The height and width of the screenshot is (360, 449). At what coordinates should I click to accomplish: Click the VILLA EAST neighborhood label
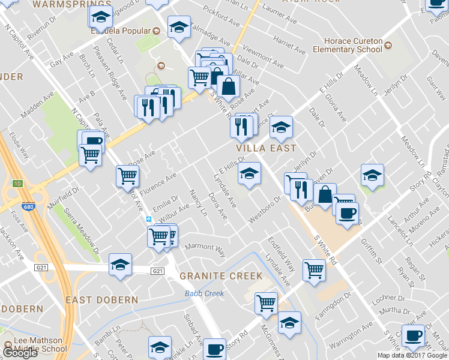(266, 148)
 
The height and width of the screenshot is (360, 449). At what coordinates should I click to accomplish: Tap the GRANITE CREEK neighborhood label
(220, 276)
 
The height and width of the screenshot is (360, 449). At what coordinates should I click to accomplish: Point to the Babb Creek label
(204, 293)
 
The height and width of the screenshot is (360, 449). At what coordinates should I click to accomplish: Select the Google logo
(19, 353)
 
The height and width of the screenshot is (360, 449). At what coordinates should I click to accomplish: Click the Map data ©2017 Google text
(412, 355)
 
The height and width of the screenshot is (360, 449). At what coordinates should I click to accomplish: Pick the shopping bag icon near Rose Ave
(228, 86)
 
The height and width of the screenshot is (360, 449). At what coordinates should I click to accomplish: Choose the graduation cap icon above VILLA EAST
(280, 127)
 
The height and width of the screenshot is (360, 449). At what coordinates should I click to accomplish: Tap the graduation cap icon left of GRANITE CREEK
(120, 264)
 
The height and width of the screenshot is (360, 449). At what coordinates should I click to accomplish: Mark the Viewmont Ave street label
(259, 56)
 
